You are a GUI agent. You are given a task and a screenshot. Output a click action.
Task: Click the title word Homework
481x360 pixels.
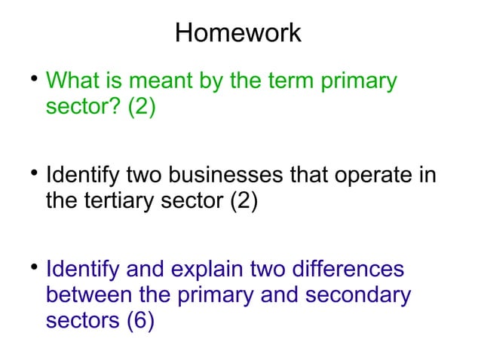[x=237, y=33]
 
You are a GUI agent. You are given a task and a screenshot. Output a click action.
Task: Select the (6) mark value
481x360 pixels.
[x=141, y=321]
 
